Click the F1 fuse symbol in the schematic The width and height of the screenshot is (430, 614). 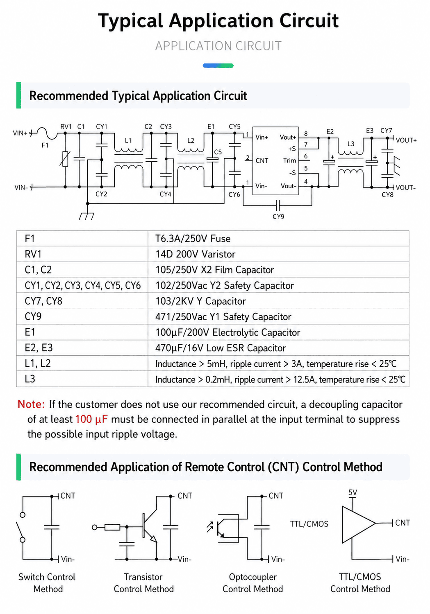pos(47,133)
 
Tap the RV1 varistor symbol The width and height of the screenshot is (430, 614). pos(65,159)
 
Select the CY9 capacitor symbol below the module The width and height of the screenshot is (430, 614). pos(278,205)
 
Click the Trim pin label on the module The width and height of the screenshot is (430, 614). pos(289,160)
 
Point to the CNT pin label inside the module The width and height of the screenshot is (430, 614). pos(262,160)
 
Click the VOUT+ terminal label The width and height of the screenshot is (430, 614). pos(406,140)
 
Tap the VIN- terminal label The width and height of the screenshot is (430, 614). pos(21,187)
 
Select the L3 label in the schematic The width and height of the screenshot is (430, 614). pos(351,144)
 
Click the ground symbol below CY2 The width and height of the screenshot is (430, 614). pos(87,216)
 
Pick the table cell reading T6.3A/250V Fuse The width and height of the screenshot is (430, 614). pos(193,239)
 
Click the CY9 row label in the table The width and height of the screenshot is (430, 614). pos(33,316)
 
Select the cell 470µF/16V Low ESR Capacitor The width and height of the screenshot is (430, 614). pos(221,348)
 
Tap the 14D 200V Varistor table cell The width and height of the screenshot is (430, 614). pos(196,254)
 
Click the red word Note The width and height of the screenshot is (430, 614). pos(31,404)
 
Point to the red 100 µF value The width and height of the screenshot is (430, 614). pos(91,420)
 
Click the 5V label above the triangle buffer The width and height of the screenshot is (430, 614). pos(353,493)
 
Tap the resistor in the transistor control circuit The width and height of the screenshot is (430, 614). pos(112,527)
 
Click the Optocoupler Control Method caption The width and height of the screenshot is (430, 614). pos(253,583)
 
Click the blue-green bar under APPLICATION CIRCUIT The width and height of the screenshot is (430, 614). pos(218,65)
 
